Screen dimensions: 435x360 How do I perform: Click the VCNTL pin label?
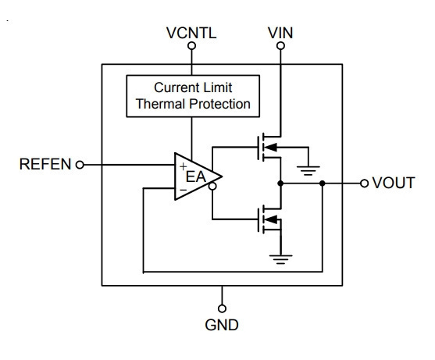191,33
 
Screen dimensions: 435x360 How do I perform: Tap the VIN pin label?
280,33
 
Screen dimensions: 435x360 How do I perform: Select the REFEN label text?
45,164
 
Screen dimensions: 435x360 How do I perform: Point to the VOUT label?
394,183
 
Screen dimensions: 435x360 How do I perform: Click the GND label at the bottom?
222,325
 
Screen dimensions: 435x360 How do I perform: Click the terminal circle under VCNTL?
191,46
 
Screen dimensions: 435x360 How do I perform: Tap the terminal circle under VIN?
280,46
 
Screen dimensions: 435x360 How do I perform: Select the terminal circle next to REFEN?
80,165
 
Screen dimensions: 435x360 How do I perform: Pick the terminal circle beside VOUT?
364,184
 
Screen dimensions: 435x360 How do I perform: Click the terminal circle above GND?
222,308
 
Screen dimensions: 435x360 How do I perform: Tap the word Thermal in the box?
161,104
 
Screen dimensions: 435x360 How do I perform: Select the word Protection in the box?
219,104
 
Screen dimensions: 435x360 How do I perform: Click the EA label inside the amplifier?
195,177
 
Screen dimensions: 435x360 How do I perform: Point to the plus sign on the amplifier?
183,166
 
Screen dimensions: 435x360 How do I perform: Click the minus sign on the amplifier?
184,190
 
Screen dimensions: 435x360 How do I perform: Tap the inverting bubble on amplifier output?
212,187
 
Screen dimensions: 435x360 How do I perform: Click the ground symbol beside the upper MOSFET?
308,170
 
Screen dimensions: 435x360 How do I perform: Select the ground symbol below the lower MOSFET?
280,259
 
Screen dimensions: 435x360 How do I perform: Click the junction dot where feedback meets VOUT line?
322,184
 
